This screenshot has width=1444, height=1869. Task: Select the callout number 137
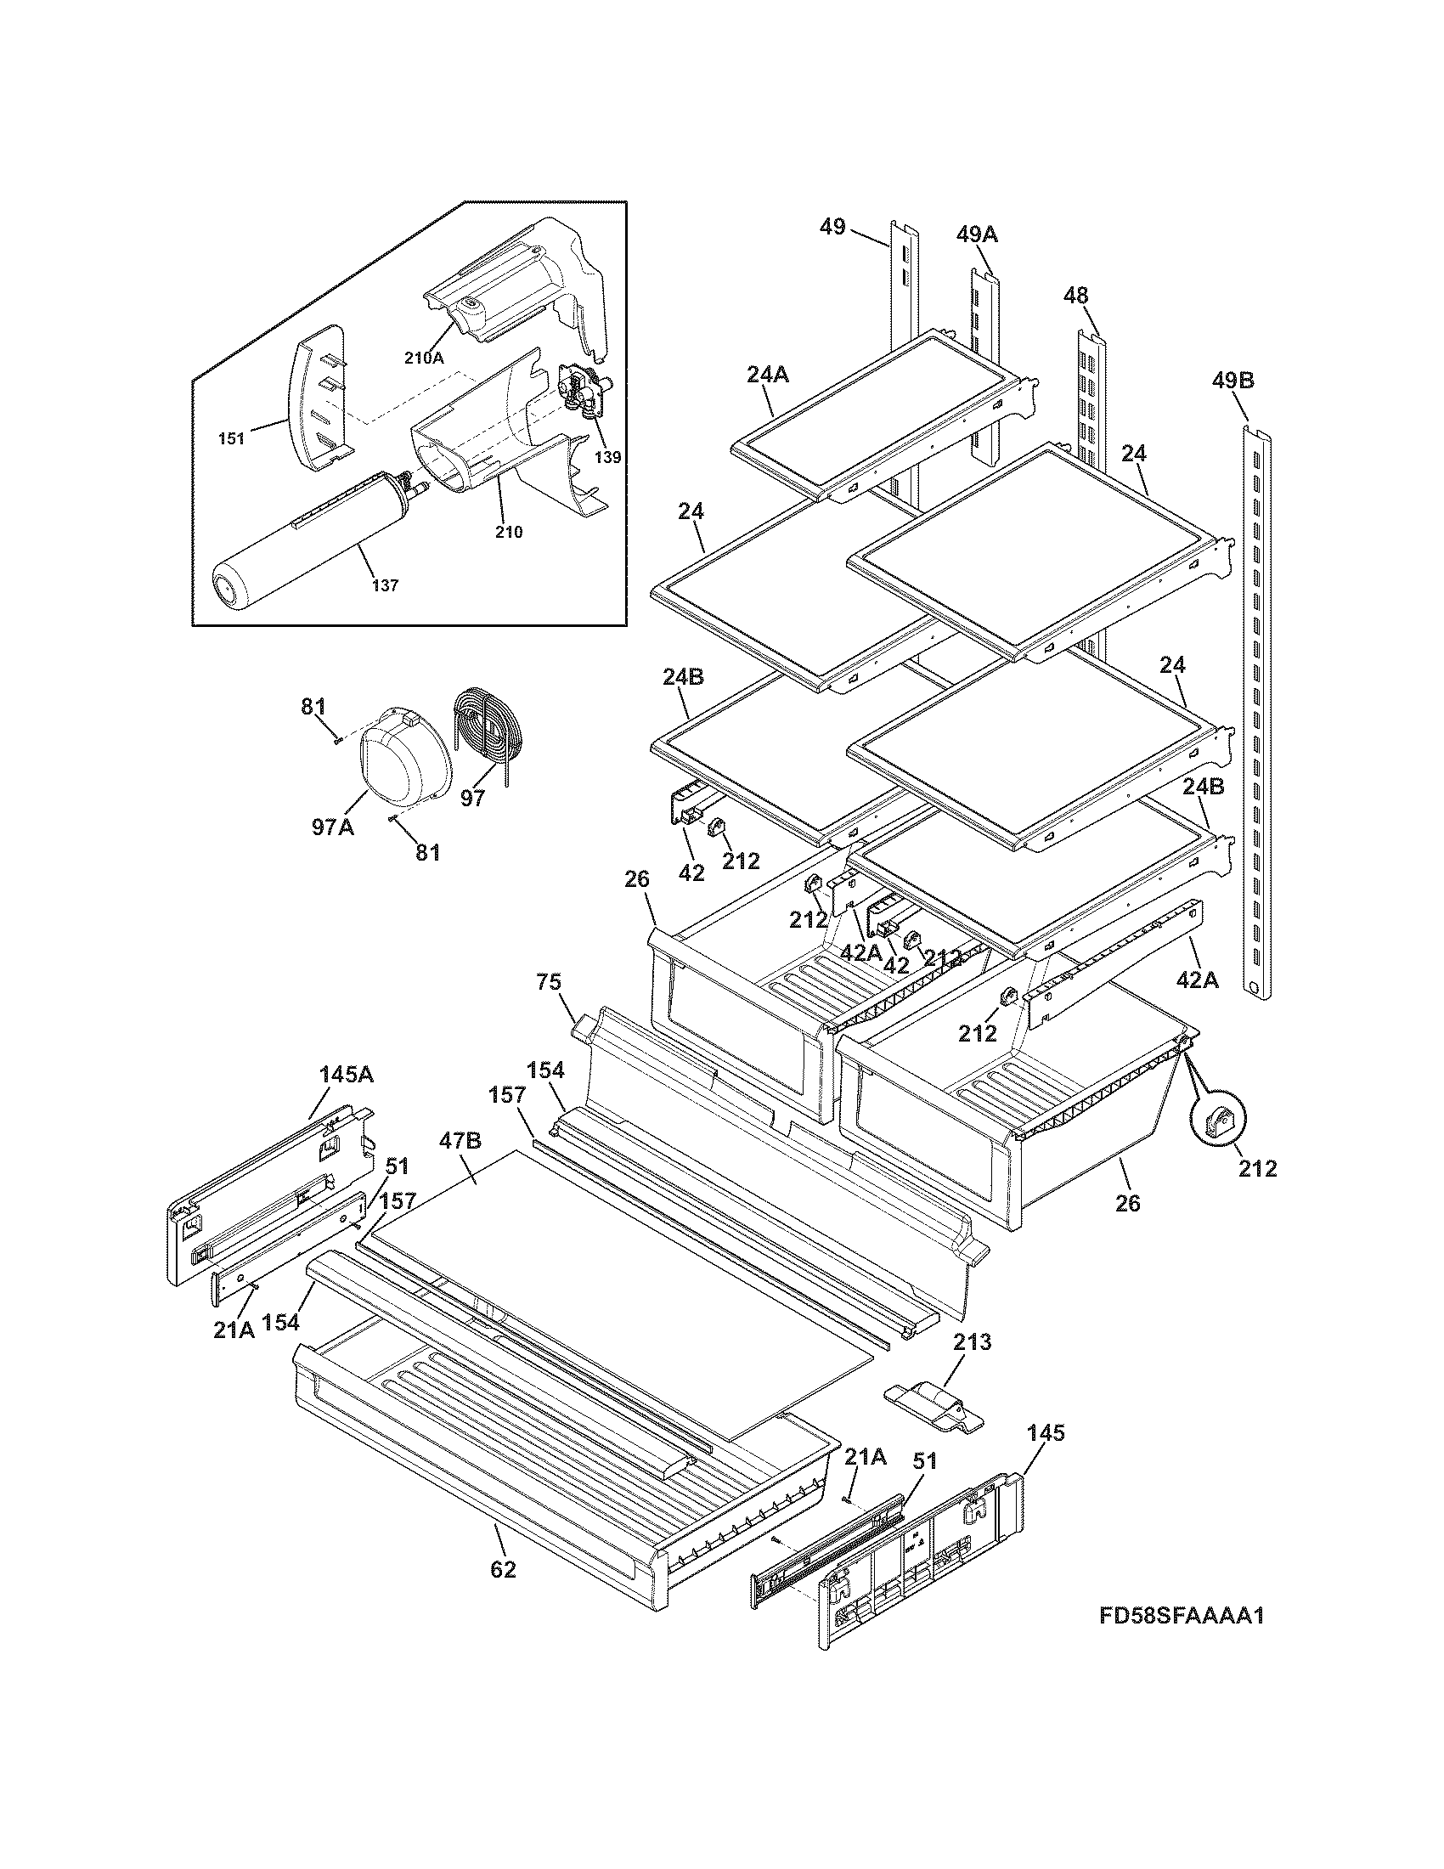coord(384,586)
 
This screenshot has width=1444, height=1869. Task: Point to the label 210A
coord(425,359)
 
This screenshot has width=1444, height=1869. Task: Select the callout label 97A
coord(332,827)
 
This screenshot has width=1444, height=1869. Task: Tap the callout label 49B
coord(1232,380)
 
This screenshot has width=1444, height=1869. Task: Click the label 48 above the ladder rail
coord(1075,296)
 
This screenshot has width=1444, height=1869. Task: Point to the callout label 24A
coord(767,374)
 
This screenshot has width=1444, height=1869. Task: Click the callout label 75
coord(549,981)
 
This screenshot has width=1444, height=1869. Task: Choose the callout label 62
coord(503,1569)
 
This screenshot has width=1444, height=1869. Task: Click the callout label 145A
coord(347,1075)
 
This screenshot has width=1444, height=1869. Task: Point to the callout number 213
coord(973,1341)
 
